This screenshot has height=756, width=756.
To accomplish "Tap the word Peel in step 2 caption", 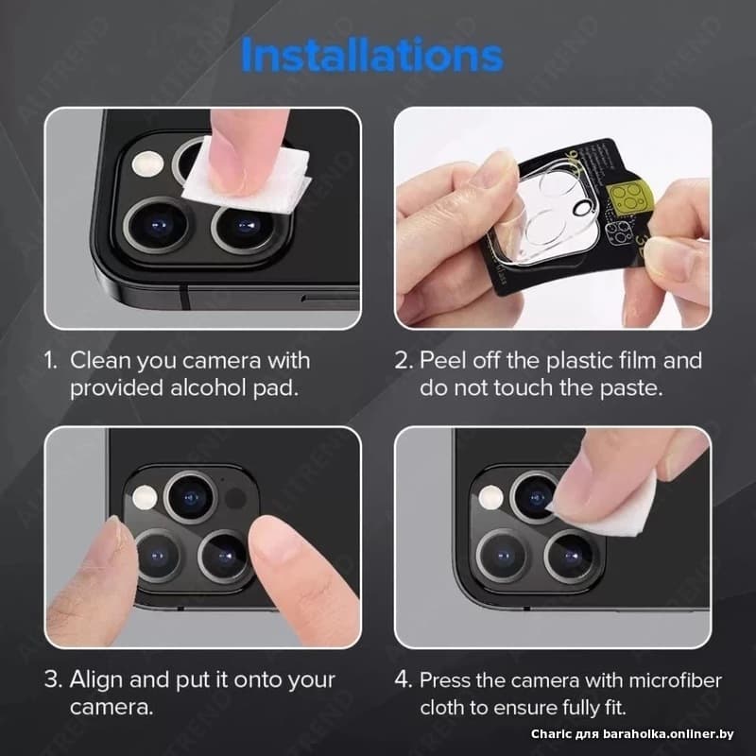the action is click(442, 360).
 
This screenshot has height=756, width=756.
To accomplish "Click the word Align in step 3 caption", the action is click(95, 680).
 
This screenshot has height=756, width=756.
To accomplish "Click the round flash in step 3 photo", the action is click(145, 498).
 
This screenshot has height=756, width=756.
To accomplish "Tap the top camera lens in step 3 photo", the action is click(191, 498).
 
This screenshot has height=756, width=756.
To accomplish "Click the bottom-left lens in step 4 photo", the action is click(502, 556).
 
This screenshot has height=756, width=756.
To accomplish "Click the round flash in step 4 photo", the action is click(490, 497).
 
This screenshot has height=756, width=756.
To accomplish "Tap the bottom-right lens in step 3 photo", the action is click(224, 557).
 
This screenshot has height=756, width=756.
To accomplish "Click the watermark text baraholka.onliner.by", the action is click(668, 734).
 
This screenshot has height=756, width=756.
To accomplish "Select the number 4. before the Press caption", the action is click(404, 679).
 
